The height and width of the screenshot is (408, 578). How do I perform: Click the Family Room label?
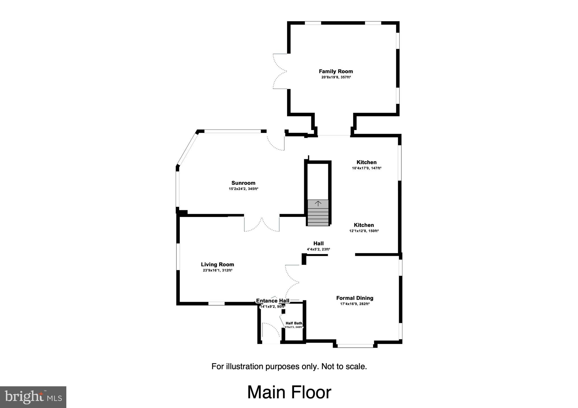(x=336, y=71)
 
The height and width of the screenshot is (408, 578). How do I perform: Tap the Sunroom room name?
(x=243, y=183)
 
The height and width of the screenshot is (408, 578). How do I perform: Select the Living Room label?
(x=217, y=264)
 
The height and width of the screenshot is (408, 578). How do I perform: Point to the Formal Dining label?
(x=355, y=298)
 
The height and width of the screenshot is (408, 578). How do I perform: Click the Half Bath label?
(x=294, y=323)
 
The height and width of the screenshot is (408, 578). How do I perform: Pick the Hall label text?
(x=318, y=243)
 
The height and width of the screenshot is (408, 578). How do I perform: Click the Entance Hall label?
(x=273, y=301)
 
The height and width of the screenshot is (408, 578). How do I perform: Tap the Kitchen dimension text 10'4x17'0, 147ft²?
(x=367, y=168)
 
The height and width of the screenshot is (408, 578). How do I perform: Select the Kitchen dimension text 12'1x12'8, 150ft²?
(x=364, y=231)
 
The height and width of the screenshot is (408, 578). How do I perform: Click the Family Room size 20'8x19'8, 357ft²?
(x=336, y=77)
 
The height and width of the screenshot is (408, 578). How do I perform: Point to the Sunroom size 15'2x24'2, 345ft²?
(x=243, y=189)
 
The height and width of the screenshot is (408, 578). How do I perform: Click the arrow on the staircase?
(x=318, y=203)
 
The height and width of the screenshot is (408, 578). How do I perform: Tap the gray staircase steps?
(x=318, y=217)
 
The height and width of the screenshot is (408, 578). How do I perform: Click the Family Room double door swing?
(x=279, y=71)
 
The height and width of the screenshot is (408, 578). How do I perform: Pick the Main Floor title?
(x=289, y=392)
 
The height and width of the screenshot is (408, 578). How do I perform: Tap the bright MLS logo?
(x=33, y=397)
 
